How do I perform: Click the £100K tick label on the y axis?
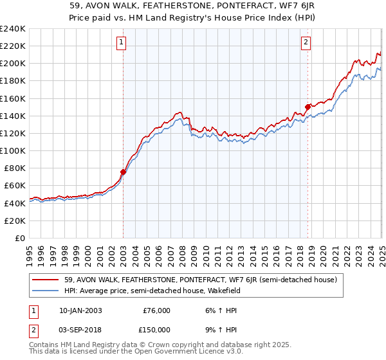click(12, 150)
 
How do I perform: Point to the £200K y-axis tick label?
click(12, 64)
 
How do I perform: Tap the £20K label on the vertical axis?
click(14, 221)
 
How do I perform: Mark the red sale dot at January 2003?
click(123, 172)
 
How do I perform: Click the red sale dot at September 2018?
click(308, 107)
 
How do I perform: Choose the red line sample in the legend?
click(46, 280)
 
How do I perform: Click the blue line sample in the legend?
click(46, 291)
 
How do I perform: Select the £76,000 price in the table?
click(156, 310)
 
